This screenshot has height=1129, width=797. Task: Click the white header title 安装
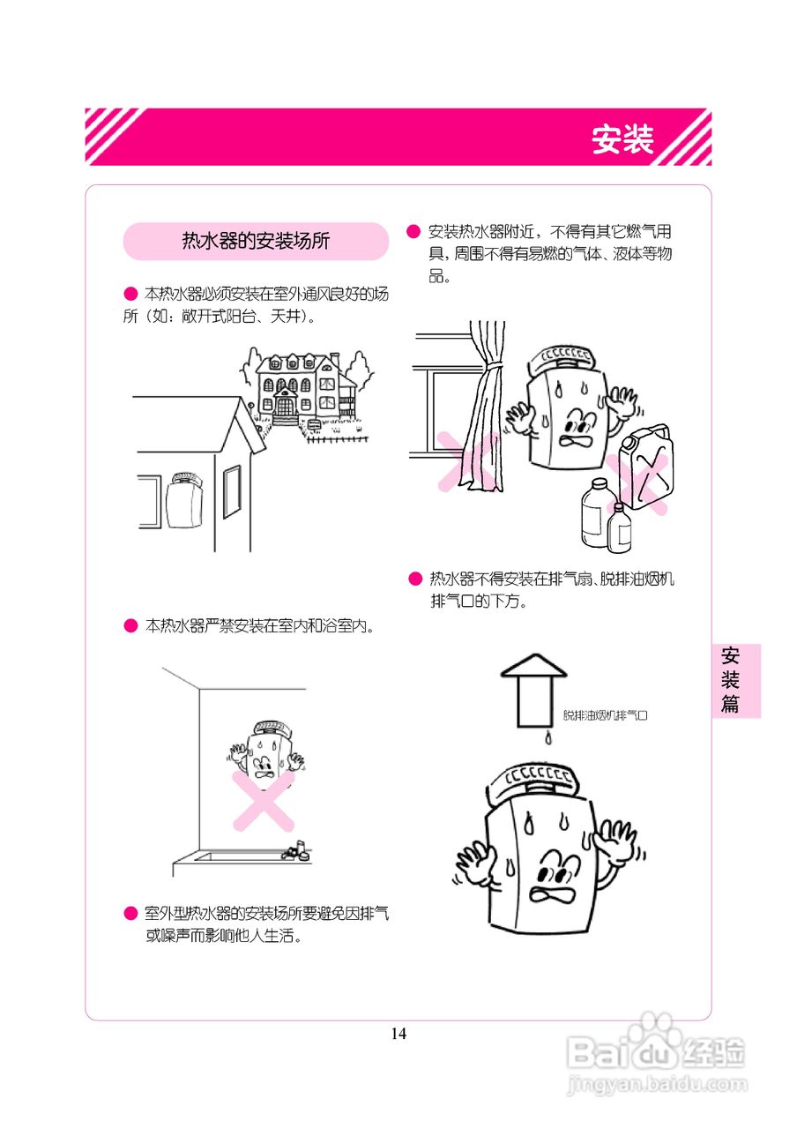(622, 139)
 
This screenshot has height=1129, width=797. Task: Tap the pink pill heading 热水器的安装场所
(256, 241)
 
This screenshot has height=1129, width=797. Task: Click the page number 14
(398, 1034)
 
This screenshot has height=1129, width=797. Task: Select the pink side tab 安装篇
(731, 680)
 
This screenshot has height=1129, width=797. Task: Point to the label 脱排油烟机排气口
(605, 716)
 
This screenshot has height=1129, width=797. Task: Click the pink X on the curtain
(465, 460)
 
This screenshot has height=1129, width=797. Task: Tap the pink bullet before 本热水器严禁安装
(130, 626)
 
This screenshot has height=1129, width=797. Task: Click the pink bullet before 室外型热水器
(130, 912)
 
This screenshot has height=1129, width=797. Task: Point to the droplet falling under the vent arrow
(548, 738)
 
